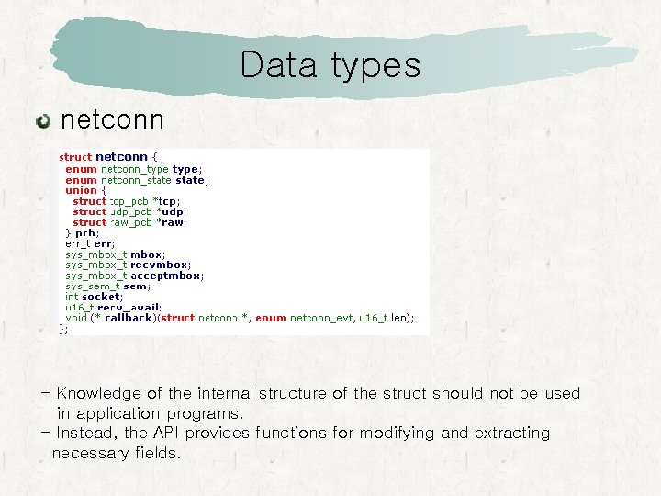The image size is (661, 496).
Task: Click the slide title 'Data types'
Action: [330, 65]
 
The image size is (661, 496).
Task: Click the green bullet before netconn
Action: [43, 120]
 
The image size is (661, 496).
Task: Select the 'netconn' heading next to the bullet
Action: [112, 120]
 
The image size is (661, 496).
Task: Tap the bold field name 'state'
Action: [191, 180]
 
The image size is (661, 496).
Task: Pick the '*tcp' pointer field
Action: [166, 201]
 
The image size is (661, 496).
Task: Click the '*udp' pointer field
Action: [171, 211]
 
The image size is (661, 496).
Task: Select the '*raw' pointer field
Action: [171, 222]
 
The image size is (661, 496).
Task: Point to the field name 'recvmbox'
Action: [161, 265]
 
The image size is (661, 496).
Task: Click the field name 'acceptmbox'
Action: [166, 276]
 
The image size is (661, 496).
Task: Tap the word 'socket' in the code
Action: [101, 297]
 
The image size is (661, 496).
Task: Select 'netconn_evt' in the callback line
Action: [321, 318]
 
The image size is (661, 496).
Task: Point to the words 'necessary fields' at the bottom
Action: [117, 453]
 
